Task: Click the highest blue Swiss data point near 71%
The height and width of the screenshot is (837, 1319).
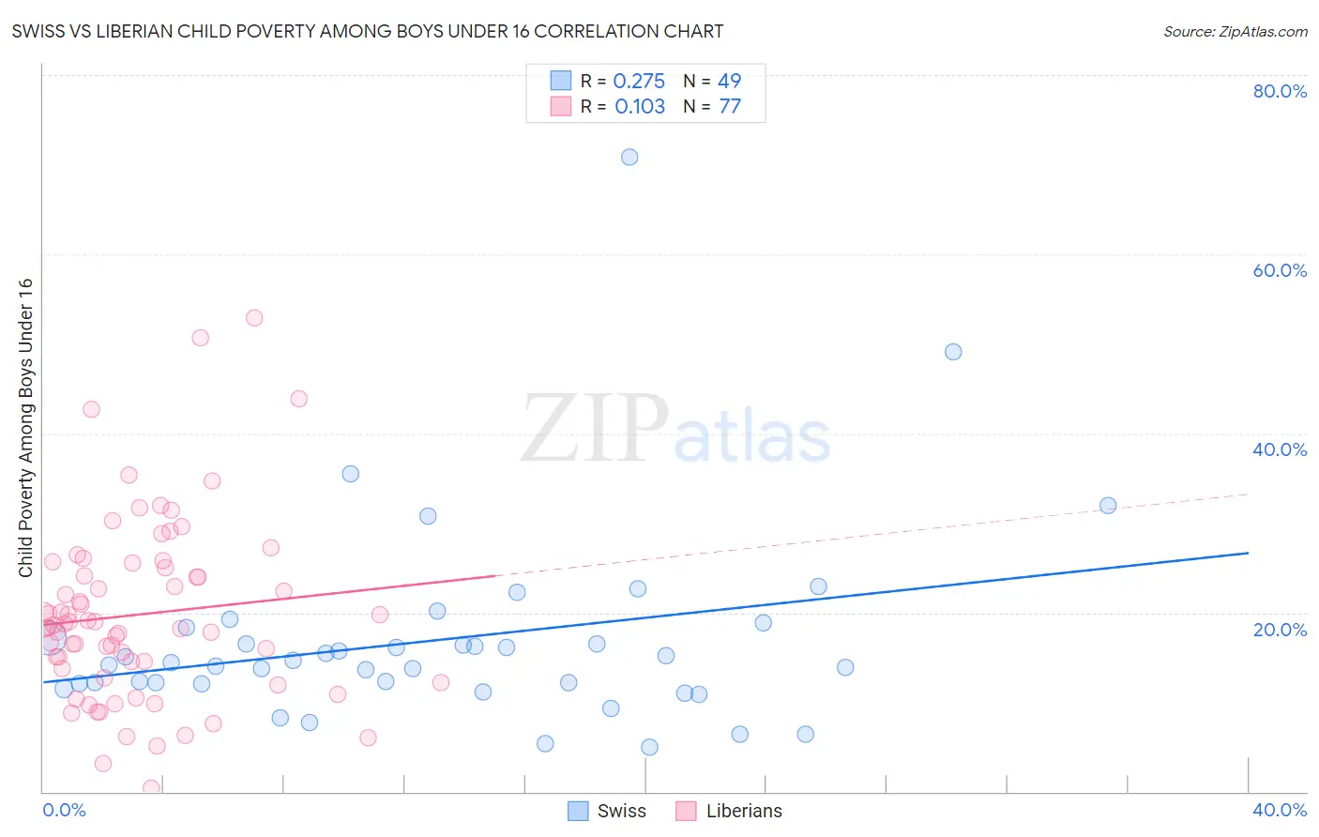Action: point(629,157)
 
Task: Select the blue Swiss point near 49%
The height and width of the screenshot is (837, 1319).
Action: point(953,352)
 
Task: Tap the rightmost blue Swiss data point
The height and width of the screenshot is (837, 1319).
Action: point(1108,506)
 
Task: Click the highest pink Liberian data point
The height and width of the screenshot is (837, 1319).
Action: point(254,318)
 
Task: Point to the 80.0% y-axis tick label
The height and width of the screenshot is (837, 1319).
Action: point(1280,91)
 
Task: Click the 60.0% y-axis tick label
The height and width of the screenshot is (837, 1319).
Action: point(1280,270)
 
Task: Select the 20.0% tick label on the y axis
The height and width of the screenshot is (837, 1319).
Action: point(1280,630)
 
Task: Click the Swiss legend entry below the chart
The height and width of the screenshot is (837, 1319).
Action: point(608,812)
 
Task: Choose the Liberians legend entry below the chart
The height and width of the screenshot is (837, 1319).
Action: point(730,812)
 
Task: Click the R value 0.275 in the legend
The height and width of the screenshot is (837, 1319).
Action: point(639,82)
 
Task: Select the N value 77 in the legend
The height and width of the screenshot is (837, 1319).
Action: point(730,107)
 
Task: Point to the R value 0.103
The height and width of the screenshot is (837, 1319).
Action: point(640,107)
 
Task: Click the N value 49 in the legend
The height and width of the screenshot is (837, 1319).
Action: point(730,82)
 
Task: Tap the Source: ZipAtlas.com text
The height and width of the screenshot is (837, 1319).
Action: point(1236,32)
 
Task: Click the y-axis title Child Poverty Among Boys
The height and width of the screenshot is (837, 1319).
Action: point(26,428)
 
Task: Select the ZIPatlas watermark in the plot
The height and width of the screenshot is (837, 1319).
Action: point(675,430)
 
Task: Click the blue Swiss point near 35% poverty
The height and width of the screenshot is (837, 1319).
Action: point(351,474)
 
